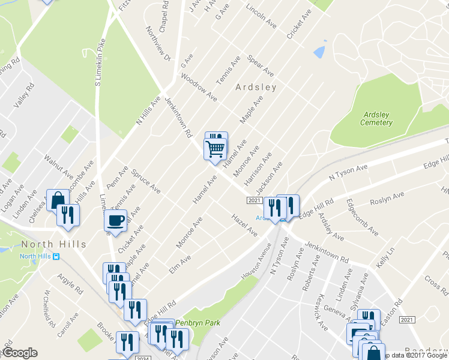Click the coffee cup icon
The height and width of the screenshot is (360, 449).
(115, 220)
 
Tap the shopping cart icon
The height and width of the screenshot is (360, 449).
(215, 148)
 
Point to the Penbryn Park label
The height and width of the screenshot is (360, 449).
(197, 323)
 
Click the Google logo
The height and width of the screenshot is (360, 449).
(20, 353)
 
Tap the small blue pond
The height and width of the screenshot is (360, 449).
(319, 52)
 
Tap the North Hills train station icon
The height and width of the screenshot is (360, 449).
(56, 257)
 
